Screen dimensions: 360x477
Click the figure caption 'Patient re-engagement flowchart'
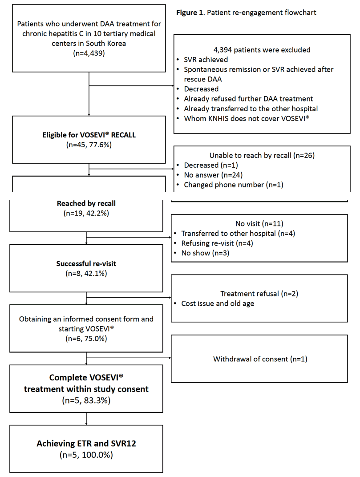[261, 12]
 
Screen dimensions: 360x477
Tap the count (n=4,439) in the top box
[89, 53]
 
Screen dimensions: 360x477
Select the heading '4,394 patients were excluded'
[262, 50]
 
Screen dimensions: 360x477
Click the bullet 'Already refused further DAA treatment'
[248, 99]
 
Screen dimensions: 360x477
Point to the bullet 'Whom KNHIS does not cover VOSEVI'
[247, 118]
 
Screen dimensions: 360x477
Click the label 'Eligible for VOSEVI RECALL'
[89, 135]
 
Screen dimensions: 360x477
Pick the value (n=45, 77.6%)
[89, 145]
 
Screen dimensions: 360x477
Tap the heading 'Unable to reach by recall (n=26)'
[262, 155]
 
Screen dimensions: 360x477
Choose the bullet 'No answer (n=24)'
[213, 175]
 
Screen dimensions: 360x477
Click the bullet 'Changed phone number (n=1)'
[234, 185]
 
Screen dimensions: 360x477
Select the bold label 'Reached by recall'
[86, 203]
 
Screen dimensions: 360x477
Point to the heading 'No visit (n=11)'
[259, 223]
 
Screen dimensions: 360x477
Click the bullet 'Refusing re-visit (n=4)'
[217, 243]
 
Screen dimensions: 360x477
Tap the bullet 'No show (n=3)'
[205, 253]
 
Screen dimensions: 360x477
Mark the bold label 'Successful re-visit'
[86, 263]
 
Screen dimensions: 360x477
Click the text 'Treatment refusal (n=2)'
[259, 294]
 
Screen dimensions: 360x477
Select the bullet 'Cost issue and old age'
[218, 303]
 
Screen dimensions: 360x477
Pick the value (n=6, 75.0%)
[86, 339]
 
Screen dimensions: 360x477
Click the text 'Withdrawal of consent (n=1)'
[260, 359]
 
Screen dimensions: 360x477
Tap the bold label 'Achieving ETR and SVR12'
[86, 443]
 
